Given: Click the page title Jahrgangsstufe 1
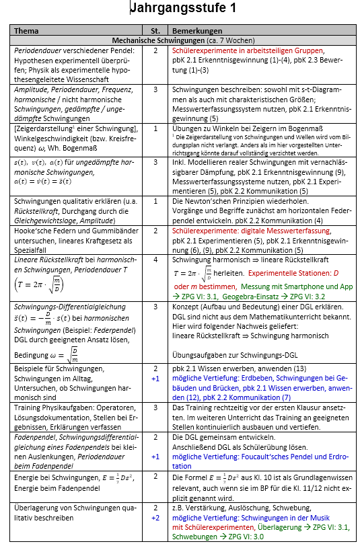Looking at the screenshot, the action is [x=182, y=9].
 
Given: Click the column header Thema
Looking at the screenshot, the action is [x=27, y=31].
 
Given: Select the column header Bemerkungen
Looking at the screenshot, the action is [x=194, y=31].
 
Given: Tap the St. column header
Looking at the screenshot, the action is [x=155, y=31].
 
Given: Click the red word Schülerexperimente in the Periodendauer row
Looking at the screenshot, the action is [x=199, y=50].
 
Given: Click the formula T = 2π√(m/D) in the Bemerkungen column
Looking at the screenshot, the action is [x=195, y=273].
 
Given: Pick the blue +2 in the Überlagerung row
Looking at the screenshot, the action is [x=155, y=518].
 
